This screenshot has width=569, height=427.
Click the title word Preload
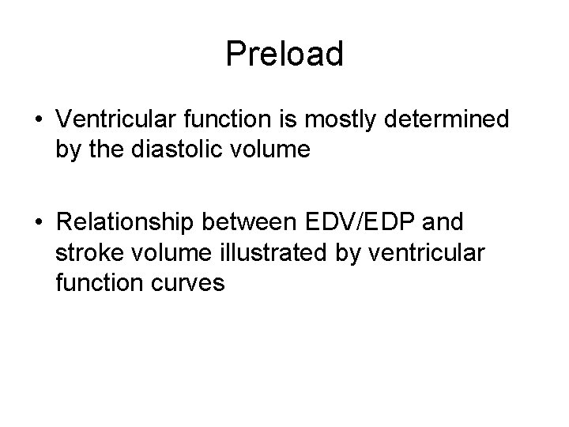(x=284, y=55)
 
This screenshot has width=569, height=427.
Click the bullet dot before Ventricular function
(x=38, y=120)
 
